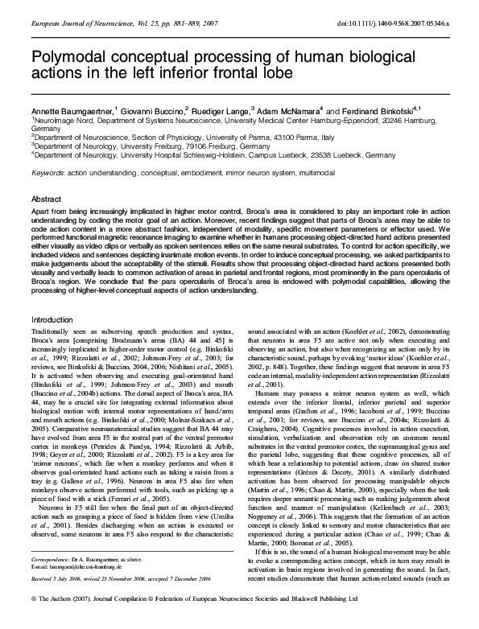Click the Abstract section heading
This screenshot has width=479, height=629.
(47, 198)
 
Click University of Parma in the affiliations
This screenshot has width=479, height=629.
(253, 137)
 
